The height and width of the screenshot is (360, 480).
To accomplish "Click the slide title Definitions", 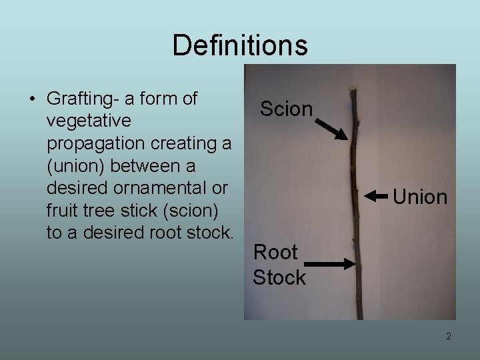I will tap(240, 45).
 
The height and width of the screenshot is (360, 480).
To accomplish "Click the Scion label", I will tap(286, 109).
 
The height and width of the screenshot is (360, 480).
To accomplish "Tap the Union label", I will tap(420, 197).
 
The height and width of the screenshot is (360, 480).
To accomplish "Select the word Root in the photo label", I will tap(275, 252).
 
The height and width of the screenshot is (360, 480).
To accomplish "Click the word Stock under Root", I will tap(279, 277).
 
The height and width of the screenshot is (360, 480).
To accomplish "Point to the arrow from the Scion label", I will tap(331, 129).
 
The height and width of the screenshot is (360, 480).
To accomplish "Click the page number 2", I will tap(448, 336).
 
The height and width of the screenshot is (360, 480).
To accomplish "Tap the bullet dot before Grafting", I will tap(32, 99).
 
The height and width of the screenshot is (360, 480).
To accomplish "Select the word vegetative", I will tap(89, 121).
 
